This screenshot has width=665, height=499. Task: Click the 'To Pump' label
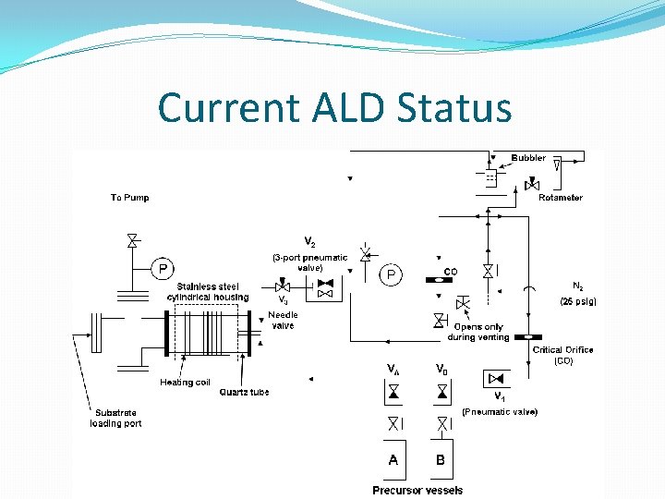click(x=129, y=197)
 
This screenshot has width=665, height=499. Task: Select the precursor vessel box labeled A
click(x=394, y=459)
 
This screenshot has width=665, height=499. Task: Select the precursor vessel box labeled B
click(x=441, y=459)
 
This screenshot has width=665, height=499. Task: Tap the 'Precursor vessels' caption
click(x=417, y=490)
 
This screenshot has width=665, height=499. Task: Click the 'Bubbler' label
click(x=528, y=158)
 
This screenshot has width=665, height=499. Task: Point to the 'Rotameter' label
click(x=561, y=197)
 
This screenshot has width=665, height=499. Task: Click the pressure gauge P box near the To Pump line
click(x=163, y=269)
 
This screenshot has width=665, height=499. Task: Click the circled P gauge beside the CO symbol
click(x=392, y=274)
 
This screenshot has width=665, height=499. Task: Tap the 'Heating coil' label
click(x=185, y=382)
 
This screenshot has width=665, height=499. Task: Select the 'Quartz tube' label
click(x=244, y=392)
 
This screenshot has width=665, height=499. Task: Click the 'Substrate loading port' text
click(x=115, y=418)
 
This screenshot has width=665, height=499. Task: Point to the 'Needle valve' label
click(x=283, y=320)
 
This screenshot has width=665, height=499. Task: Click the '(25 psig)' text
click(x=578, y=301)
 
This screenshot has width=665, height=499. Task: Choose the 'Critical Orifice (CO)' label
click(x=562, y=355)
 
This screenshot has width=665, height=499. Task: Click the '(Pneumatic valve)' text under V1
click(x=500, y=411)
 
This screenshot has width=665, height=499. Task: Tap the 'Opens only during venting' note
click(x=478, y=332)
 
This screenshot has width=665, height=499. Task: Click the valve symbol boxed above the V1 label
click(x=497, y=378)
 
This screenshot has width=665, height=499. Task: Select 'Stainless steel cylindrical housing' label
click(x=208, y=292)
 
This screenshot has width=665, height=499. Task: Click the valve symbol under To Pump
click(x=132, y=241)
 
